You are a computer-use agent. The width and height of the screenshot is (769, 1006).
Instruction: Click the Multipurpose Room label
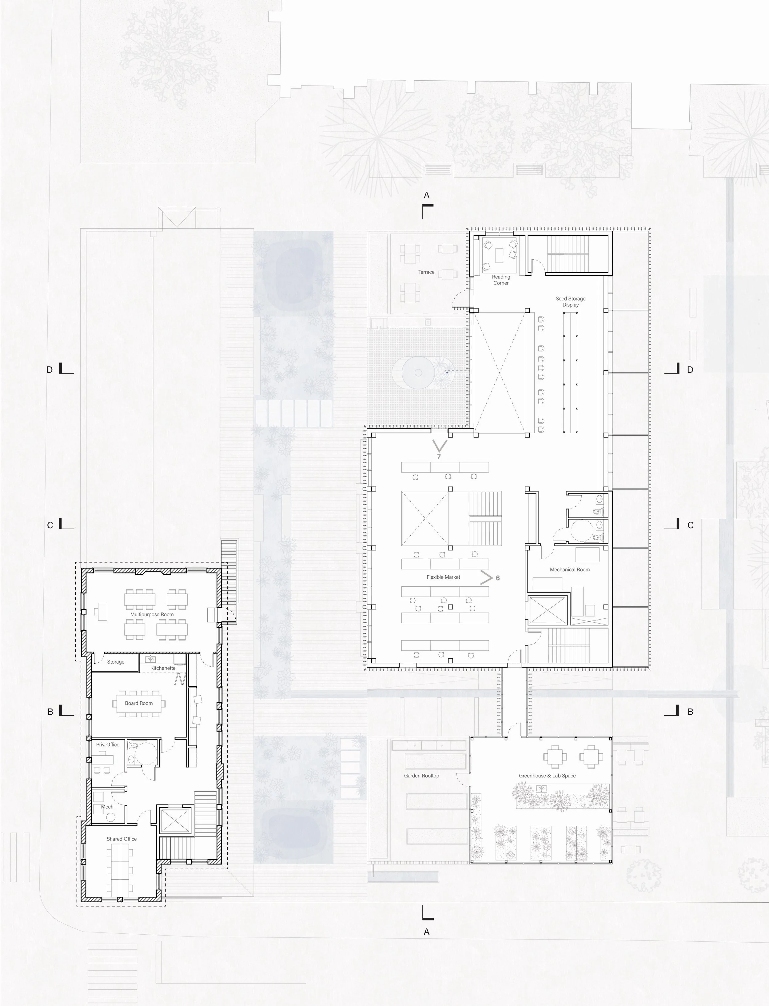[x=152, y=614]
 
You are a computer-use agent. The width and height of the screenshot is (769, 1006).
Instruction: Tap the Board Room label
[x=139, y=703]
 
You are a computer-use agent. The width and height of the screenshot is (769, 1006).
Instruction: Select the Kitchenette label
[x=163, y=668]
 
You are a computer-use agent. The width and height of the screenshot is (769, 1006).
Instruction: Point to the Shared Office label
[x=122, y=839]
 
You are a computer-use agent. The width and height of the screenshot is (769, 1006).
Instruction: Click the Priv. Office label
[x=108, y=745]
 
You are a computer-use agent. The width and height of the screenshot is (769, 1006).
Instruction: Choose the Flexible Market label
[x=444, y=577]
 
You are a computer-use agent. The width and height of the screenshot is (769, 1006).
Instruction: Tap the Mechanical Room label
[x=570, y=569]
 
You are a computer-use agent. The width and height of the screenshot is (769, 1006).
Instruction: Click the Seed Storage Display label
[x=571, y=301]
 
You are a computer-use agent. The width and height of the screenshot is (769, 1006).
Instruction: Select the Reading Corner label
[x=501, y=280]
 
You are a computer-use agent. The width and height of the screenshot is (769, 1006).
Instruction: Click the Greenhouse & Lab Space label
[x=548, y=776]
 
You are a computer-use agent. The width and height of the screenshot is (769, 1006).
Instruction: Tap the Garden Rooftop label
[x=422, y=776]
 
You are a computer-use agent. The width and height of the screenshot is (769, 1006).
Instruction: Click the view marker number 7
[x=439, y=457]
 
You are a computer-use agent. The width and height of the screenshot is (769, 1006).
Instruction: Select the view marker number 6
[x=498, y=578]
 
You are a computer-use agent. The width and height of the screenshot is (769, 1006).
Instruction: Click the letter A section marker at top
[x=427, y=195]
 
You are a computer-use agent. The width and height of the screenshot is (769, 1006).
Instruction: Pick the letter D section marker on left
[x=50, y=369]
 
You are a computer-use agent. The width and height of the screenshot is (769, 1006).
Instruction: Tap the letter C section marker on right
[x=691, y=525]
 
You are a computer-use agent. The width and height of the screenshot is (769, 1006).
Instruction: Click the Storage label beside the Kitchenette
[x=116, y=662]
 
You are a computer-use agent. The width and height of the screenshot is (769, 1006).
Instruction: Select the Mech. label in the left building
[x=108, y=806]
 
